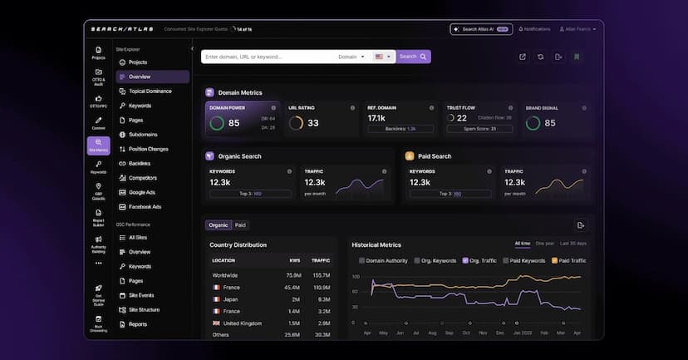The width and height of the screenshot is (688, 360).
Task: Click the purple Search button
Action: coord(414,57)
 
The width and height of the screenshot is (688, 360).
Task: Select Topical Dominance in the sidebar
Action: coord(150,91)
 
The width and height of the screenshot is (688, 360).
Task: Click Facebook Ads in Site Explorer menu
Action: coord(145,206)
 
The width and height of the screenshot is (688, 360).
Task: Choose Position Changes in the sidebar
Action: coord(148,149)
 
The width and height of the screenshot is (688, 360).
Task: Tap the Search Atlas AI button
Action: coord(481,29)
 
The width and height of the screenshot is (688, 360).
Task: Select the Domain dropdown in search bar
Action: coord(351,57)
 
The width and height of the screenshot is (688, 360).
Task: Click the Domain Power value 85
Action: coord(233,123)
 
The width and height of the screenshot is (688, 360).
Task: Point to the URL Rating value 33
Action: coord(312,123)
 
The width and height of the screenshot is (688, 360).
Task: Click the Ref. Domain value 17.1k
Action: coord(376,118)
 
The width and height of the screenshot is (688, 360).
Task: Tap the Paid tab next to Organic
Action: coord(240,224)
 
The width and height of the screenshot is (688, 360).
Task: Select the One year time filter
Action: coord(544,244)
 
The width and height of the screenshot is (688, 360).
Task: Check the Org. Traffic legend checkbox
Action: coord(466,260)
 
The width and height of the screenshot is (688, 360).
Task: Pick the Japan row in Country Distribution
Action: coord(231,298)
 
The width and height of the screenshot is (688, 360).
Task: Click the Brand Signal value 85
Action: coord(550,123)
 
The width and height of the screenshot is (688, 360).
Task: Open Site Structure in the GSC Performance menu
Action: coord(144,309)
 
